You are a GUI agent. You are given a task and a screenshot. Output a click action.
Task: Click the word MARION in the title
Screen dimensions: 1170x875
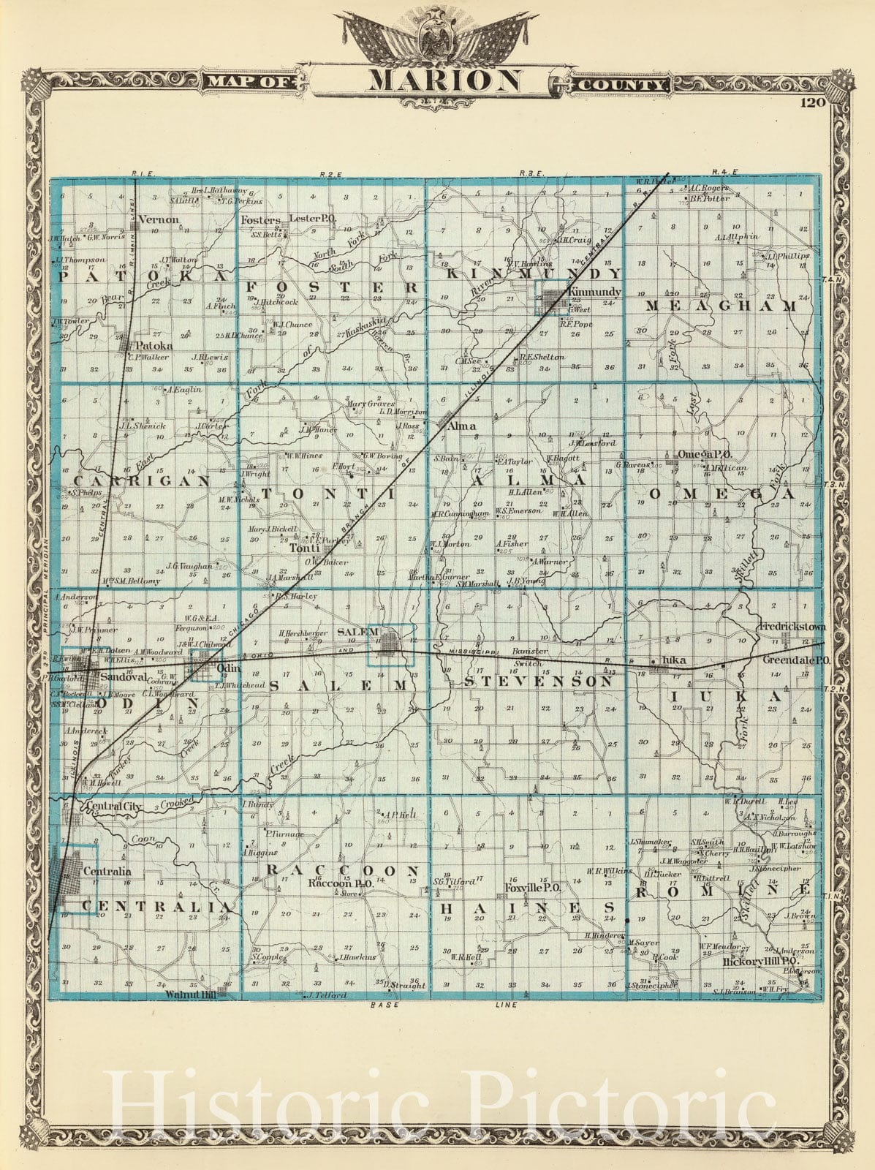(444, 80)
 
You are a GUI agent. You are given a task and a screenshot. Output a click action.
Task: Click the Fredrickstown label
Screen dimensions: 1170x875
(792, 628)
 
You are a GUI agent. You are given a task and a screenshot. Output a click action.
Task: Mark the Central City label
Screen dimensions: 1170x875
(108, 807)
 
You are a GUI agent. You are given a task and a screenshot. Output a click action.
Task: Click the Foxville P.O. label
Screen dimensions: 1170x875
(532, 888)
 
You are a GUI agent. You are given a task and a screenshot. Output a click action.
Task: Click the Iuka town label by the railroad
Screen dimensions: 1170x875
(672, 661)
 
